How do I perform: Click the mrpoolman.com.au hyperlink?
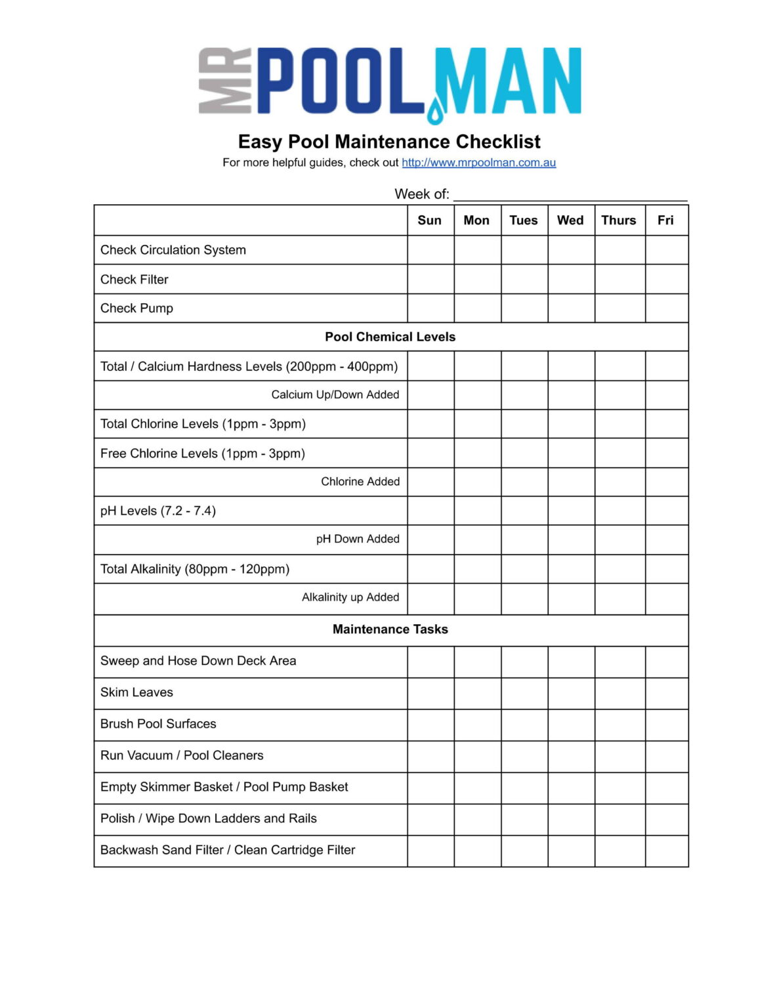(478, 163)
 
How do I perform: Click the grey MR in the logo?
(225, 81)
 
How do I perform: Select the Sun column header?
(430, 220)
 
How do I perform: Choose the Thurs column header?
(619, 220)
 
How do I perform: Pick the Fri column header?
(665, 220)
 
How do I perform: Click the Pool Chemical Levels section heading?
(390, 337)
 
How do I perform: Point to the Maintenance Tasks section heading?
(390, 629)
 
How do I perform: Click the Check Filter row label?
(135, 280)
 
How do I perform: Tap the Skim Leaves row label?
(137, 692)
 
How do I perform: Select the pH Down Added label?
(358, 539)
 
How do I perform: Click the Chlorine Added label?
(360, 482)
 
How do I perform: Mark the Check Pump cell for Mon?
(477, 308)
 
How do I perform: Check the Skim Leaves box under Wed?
(571, 693)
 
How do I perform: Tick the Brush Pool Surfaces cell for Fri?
(666, 724)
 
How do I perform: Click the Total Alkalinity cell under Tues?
(524, 569)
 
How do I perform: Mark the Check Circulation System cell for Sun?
(431, 250)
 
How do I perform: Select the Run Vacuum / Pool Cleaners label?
(182, 755)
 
